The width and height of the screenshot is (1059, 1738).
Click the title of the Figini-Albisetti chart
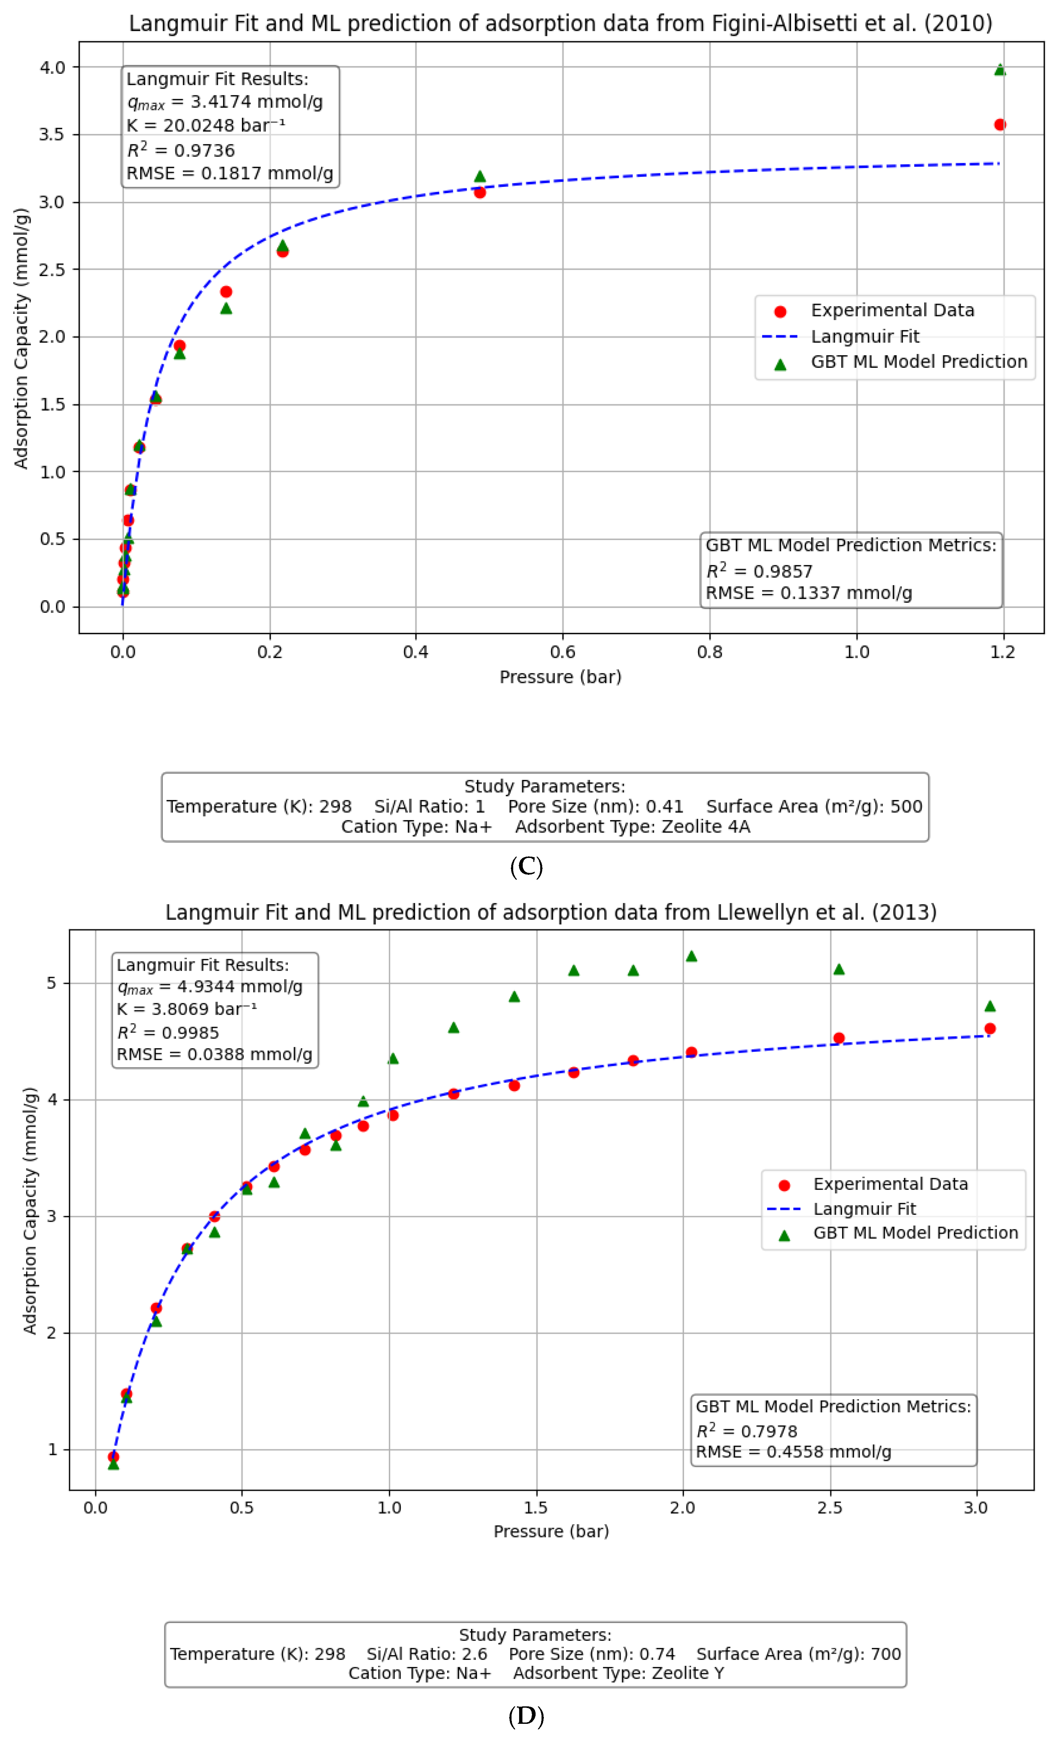560,23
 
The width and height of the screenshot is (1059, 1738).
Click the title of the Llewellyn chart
550,912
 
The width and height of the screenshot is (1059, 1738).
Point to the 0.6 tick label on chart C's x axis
562,652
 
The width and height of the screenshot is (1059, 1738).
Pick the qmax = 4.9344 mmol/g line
210,987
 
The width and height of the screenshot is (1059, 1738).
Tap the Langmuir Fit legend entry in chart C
864,337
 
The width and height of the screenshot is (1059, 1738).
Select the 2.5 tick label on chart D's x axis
830,1508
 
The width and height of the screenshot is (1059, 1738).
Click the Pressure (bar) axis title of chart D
551,1531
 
